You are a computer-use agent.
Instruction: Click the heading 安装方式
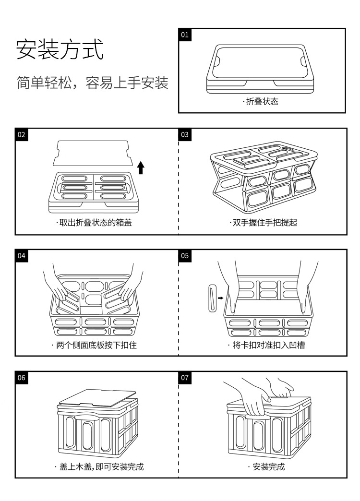60,50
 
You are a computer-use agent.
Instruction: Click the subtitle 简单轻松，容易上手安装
92,83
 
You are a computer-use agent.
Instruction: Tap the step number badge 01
185,35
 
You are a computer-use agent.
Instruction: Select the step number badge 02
22,135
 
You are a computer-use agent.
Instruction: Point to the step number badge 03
185,135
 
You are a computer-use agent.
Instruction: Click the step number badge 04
22,256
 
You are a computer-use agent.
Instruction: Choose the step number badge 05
185,256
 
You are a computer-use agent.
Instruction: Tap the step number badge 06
22,378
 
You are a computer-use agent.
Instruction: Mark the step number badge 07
185,378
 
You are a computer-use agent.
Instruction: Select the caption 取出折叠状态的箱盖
94,223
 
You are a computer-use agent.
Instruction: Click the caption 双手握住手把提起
264,223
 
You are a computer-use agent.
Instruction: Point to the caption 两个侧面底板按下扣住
94,345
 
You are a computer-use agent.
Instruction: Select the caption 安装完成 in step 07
266,466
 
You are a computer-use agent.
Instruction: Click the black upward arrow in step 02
141,167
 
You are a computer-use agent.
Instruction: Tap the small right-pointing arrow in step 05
220,298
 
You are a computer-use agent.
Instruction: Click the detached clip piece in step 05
213,298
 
